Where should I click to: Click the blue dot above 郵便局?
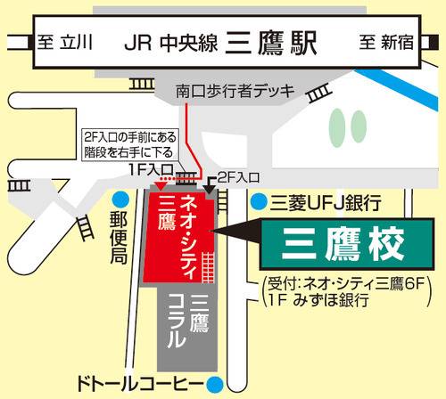pos(122,198)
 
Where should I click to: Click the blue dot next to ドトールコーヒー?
pos(215,385)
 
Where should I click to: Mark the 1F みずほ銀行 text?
pos(318,301)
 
